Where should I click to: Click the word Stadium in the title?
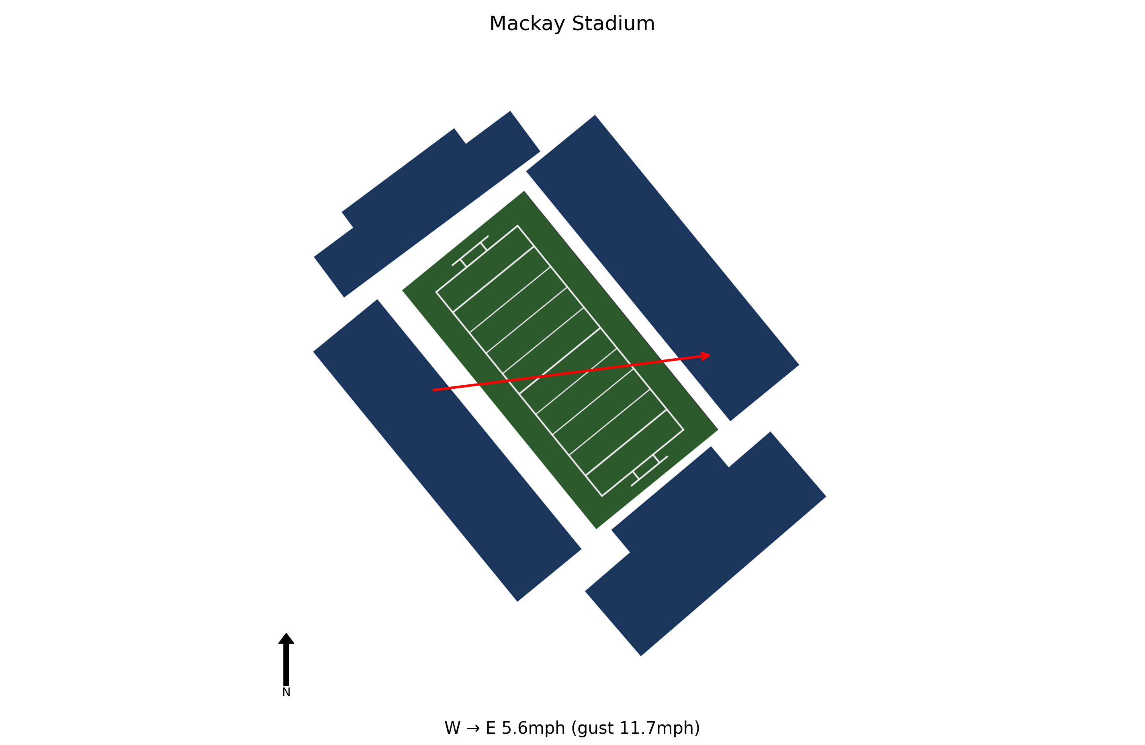[x=613, y=24]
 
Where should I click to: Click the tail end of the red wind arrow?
[x=433, y=390]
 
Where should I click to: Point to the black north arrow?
[x=286, y=659]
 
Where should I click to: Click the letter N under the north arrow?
[x=286, y=692]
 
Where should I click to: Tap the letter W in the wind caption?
[x=453, y=728]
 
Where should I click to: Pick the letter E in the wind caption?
[x=491, y=728]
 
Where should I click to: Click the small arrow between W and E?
[x=473, y=728]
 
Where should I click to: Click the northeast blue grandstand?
[x=662, y=268]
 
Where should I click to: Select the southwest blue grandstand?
[x=448, y=450]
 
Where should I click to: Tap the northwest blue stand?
[x=427, y=204]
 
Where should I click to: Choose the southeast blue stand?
[x=706, y=544]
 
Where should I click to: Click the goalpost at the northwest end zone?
[x=470, y=250]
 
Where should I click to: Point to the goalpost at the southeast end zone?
[x=650, y=471]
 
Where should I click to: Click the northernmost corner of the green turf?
[x=524, y=191]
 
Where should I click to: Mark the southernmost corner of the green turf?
[x=597, y=529]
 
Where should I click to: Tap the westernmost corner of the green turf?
[x=402, y=290]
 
